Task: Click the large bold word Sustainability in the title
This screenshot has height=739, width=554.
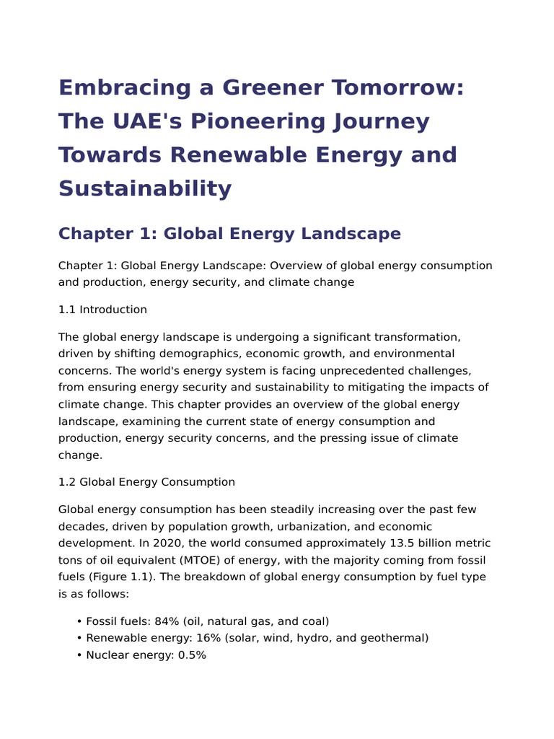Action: (145, 188)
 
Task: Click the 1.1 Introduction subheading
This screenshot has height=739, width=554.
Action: (102, 310)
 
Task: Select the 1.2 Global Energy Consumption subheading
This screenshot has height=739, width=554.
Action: (146, 482)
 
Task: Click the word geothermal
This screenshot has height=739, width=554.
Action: (395, 638)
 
